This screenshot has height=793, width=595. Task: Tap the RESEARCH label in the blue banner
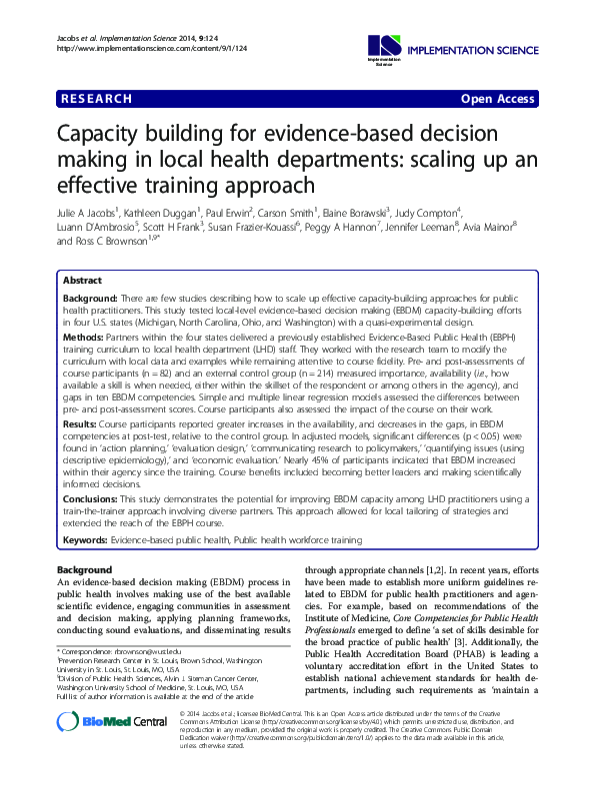coord(96,99)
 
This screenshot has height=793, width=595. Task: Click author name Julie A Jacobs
coord(87,212)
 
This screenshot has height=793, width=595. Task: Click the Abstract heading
coord(82,281)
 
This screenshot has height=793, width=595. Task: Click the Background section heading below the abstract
coord(85,569)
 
